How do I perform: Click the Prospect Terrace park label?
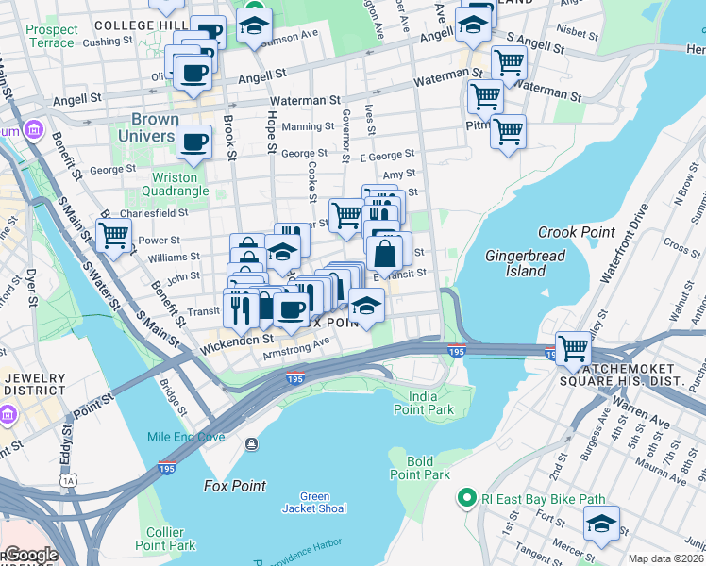[x=51, y=36]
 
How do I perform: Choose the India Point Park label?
[x=424, y=403]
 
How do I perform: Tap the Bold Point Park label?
[x=421, y=468]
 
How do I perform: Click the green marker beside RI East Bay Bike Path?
[x=464, y=497]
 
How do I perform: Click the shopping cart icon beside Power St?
[x=113, y=234]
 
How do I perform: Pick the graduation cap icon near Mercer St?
[x=601, y=523]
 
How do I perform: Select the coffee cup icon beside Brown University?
[x=194, y=142]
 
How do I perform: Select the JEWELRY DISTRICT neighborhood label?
[x=33, y=384]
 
